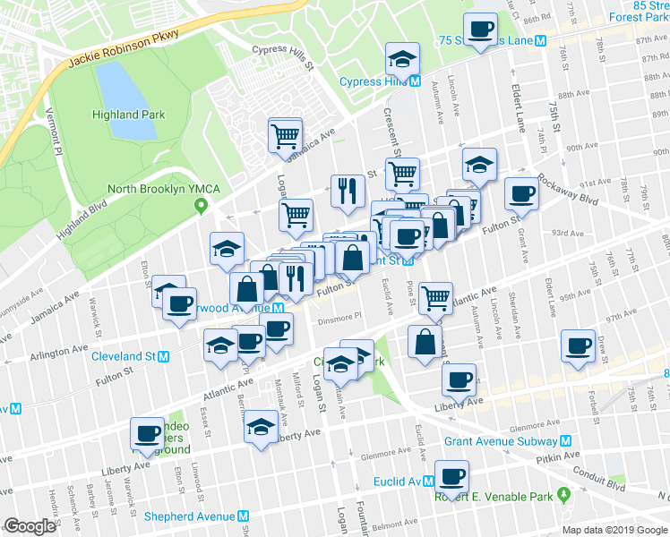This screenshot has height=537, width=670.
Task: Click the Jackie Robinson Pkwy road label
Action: [124, 49]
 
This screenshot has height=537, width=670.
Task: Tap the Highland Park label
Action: [128, 115]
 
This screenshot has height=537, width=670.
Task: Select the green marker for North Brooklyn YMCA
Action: [202, 207]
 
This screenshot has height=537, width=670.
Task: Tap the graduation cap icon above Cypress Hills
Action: [402, 59]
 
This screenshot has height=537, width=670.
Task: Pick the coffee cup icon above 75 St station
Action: [479, 29]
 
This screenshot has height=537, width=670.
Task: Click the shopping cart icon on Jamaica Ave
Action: [285, 135]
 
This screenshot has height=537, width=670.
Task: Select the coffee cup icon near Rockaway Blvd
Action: [520, 192]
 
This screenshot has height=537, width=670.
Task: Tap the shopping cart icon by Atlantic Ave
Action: [435, 297]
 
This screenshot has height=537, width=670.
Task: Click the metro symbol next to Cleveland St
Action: [163, 356]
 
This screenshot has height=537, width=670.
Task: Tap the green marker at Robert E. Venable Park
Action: [563, 493]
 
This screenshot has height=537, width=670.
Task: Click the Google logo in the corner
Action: [30, 525]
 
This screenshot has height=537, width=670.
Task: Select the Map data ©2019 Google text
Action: [614, 530]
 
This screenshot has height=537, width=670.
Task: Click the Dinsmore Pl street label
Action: [335, 316]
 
